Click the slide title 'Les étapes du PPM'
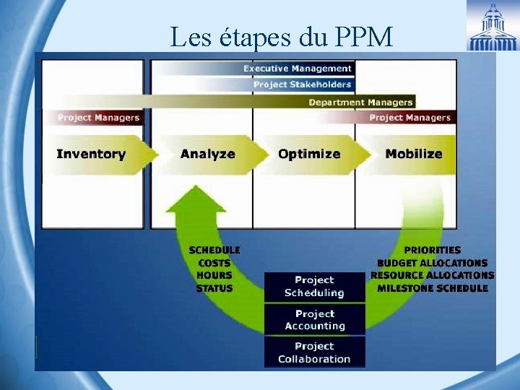(281, 36)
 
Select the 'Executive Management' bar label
(298, 69)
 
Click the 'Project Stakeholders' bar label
(303, 84)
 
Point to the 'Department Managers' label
(360, 103)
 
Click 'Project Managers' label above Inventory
(98, 118)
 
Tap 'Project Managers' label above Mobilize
(409, 118)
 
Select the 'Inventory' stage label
(91, 154)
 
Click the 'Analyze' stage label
(208, 154)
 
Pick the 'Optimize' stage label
(309, 154)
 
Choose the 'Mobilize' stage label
(414, 154)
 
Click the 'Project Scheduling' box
(314, 287)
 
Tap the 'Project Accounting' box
(314, 320)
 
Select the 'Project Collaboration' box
(314, 352)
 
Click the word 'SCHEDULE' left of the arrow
(214, 250)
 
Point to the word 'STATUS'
(214, 288)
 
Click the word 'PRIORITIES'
(433, 250)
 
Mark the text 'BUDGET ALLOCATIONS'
(433, 263)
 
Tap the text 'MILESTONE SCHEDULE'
(433, 288)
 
